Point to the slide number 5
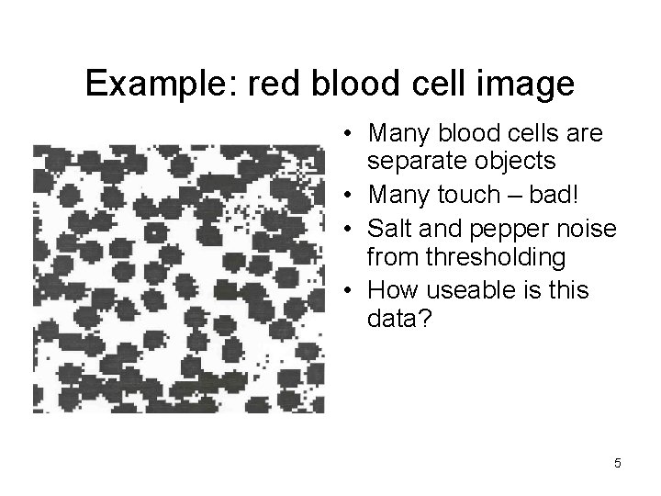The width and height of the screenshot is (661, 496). point(618,464)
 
